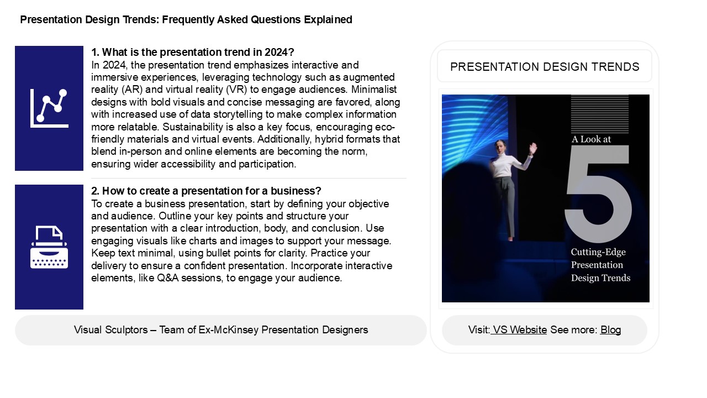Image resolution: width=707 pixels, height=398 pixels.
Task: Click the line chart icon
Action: pyautogui.click(x=49, y=108)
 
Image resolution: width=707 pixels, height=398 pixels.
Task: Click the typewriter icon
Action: pyautogui.click(x=49, y=247)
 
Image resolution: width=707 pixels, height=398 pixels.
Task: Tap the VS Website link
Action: pyautogui.click(x=520, y=330)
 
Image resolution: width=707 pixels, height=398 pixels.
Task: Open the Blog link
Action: pyautogui.click(x=610, y=330)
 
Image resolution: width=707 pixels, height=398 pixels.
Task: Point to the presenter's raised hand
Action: pyautogui.click(x=532, y=149)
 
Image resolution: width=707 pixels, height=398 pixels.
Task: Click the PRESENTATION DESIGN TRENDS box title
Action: pyautogui.click(x=545, y=67)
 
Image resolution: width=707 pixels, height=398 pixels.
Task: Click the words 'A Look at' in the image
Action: pyautogui.click(x=591, y=139)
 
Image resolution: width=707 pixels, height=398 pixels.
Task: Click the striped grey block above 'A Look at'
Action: pyautogui.click(x=599, y=114)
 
